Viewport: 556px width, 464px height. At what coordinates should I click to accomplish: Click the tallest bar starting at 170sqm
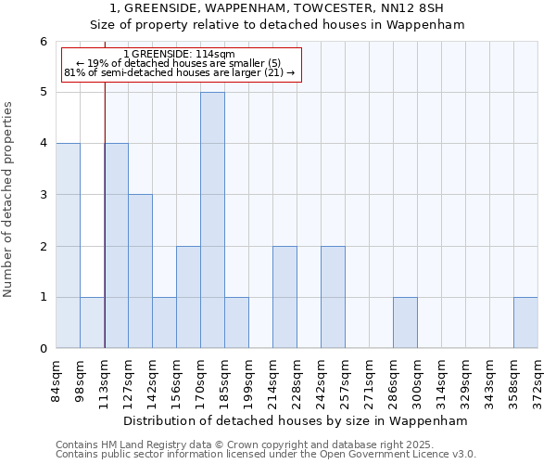(212, 220)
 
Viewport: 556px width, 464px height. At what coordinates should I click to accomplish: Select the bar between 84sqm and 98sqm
(68, 246)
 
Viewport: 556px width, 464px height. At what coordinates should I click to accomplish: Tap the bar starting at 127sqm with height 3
(140, 271)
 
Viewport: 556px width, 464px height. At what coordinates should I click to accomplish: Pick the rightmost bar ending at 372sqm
(525, 323)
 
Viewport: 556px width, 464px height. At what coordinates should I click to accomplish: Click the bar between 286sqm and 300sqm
(405, 323)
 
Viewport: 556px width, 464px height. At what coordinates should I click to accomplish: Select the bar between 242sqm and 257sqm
(333, 297)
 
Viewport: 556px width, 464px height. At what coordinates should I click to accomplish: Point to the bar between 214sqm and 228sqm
(284, 297)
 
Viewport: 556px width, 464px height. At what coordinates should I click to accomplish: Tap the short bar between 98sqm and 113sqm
(92, 323)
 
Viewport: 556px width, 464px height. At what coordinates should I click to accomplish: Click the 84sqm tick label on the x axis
(57, 379)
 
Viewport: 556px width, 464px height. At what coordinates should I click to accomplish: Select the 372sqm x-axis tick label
(538, 379)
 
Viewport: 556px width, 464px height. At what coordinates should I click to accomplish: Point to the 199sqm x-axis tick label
(249, 379)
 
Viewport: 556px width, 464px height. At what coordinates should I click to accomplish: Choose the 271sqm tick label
(370, 379)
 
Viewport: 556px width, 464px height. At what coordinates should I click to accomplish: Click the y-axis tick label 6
(43, 42)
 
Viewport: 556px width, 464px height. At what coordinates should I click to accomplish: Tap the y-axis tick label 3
(43, 195)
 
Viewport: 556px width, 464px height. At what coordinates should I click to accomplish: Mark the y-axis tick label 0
(43, 349)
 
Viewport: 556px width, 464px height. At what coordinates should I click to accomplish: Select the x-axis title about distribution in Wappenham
(297, 420)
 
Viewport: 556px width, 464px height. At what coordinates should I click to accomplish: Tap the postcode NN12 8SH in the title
(411, 9)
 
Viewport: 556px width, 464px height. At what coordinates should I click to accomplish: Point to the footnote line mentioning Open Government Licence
(266, 455)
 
